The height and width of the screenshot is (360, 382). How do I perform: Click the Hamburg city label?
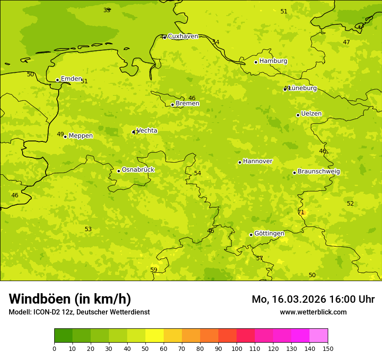point(273,61)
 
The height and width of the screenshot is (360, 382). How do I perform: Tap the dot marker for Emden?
point(57,80)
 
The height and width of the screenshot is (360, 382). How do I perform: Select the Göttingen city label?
point(269,233)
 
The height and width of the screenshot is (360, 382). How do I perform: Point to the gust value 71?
point(301,212)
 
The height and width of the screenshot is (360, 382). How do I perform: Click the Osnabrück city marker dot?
point(119,171)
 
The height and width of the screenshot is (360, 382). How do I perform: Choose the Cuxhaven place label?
point(183,36)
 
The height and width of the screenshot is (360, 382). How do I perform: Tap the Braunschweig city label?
point(319,171)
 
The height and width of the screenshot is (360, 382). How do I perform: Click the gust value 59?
point(154,270)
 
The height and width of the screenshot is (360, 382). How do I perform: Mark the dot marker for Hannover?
point(240,162)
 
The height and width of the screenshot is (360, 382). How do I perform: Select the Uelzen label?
point(311,114)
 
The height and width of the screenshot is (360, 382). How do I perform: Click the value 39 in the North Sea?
point(107,10)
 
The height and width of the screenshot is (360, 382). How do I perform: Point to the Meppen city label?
point(81,136)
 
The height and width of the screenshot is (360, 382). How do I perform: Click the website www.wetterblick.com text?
point(313,312)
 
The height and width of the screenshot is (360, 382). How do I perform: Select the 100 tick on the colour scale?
point(237,348)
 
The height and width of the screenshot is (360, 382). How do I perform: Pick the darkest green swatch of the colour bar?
point(63,336)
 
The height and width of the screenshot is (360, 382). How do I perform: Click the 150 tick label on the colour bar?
point(328,348)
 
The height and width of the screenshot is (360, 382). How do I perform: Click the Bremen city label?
point(188,104)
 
